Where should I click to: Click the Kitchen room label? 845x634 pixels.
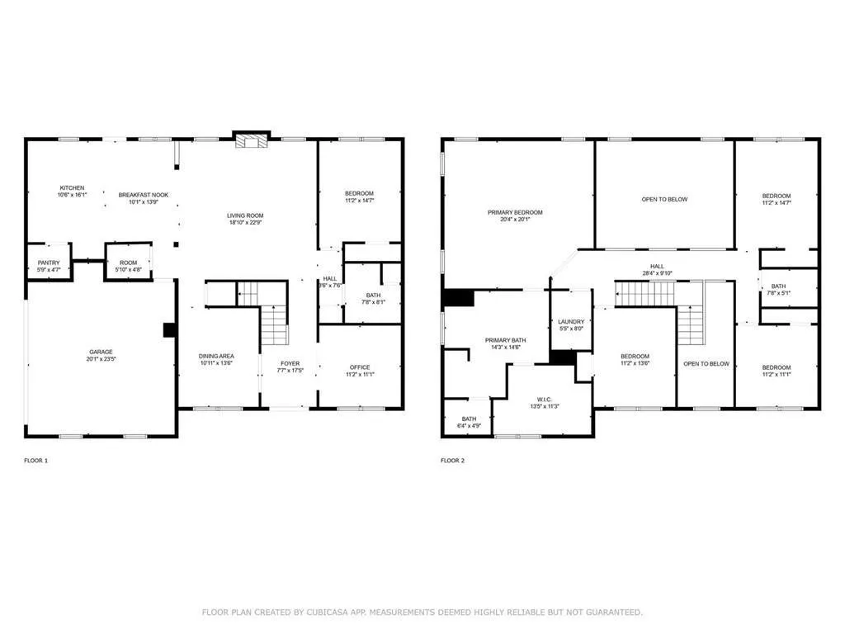coord(72,187)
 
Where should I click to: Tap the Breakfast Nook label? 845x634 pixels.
coord(144,195)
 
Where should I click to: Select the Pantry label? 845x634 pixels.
coord(49,262)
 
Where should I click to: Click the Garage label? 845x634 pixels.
coord(101,351)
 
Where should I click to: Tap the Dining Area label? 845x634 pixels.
coord(216,356)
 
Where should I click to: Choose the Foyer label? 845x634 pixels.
coord(290,363)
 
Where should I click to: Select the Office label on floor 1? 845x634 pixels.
coord(360,367)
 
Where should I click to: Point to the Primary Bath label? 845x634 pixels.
coord(505,339)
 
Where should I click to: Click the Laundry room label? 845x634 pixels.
coord(571,322)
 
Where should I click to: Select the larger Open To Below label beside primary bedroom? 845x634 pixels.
coord(664,199)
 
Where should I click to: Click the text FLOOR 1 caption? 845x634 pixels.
coord(36,460)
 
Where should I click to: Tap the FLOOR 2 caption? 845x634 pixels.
coord(453,460)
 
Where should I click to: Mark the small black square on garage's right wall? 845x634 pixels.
coord(170,329)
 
